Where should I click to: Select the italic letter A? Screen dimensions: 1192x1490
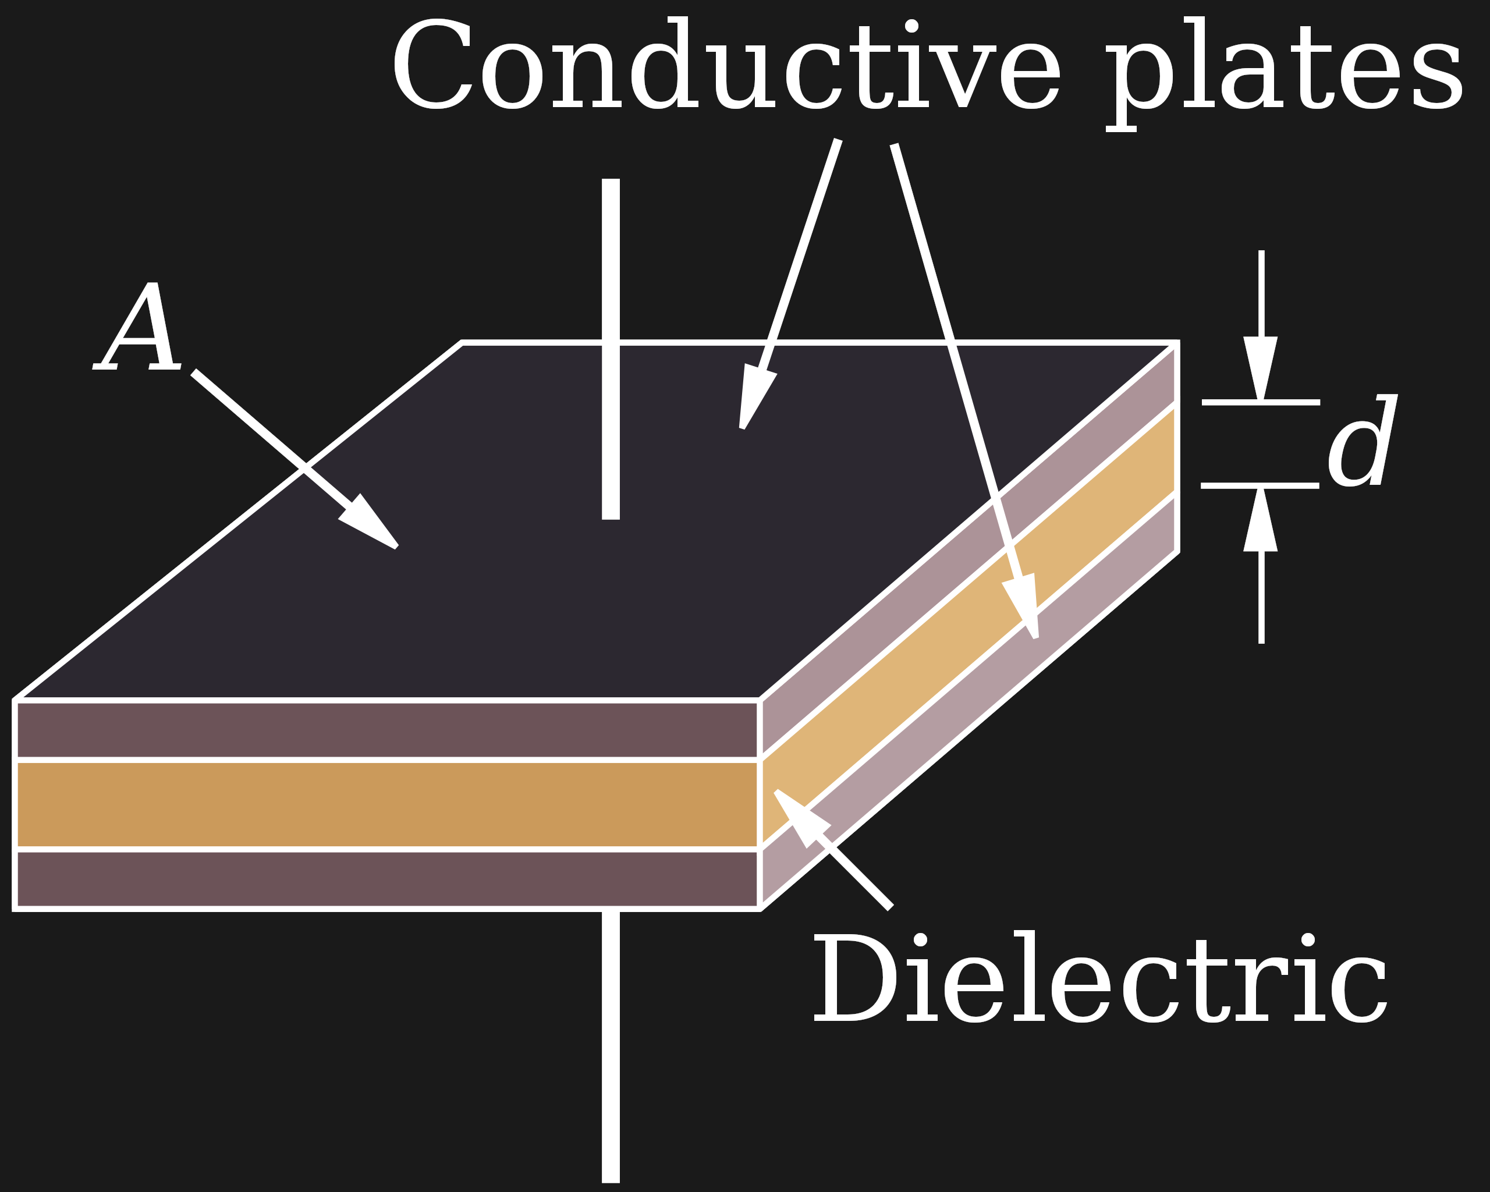tap(138, 328)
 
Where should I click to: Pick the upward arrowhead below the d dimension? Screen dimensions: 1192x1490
tap(1261, 521)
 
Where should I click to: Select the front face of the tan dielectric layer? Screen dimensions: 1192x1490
tap(387, 804)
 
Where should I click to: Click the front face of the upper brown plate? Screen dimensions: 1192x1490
tap(387, 730)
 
